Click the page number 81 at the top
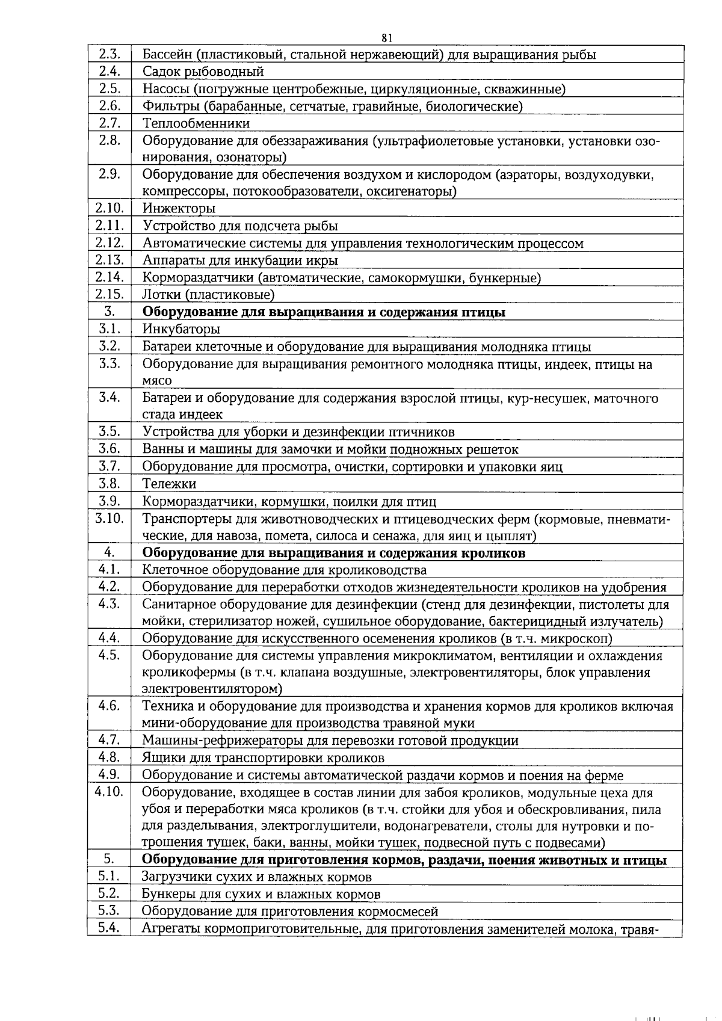tap(387, 38)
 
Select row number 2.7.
tap(109, 123)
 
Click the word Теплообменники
tap(196, 123)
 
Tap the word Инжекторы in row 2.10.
tap(179, 209)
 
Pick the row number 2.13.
tap(109, 261)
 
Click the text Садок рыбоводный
tap(203, 72)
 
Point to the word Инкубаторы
tap(181, 329)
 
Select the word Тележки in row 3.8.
tap(169, 484)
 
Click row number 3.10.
tap(109, 518)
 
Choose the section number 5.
tap(109, 860)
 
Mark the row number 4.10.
tap(109, 792)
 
